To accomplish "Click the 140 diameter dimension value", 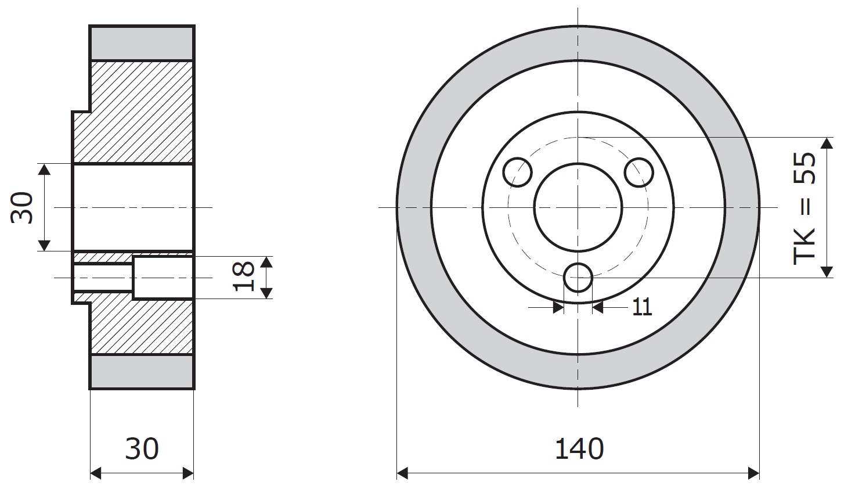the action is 579,449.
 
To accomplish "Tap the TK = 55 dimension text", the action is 804,208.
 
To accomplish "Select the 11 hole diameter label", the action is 642,307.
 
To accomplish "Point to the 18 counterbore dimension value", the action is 243,276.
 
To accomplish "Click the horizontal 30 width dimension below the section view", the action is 142,449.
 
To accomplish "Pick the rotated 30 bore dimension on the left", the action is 21,208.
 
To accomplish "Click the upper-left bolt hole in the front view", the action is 518,172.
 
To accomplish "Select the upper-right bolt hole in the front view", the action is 638,172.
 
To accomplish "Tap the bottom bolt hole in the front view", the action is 578,278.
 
